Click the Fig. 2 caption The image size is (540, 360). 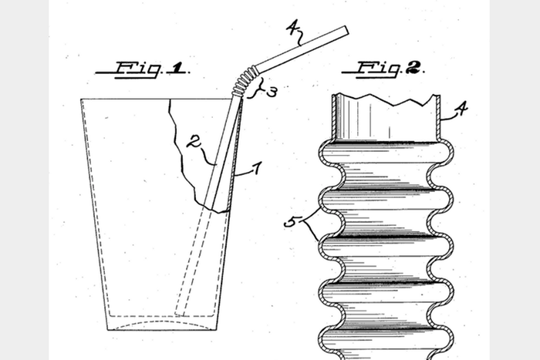point(383,69)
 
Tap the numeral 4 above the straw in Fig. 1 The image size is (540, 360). point(292,28)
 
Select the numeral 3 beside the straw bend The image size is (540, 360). point(272,92)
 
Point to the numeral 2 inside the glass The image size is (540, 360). point(194,141)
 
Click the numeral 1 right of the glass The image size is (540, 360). point(257,168)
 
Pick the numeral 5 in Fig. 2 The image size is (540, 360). point(292,222)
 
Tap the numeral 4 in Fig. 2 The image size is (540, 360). point(461,109)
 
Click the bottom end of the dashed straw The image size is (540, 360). point(180,314)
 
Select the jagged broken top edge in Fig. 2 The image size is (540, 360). point(386,99)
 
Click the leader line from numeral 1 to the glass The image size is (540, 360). point(243,174)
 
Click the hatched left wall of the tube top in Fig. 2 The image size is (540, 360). point(334,117)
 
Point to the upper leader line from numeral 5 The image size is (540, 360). point(312,214)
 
